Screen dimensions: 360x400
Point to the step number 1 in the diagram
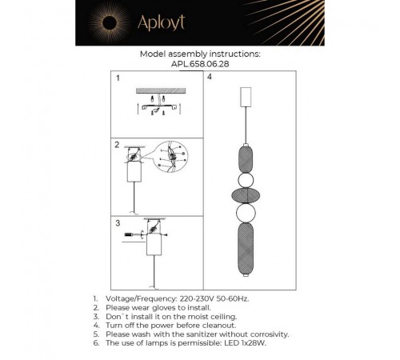coord(117,80)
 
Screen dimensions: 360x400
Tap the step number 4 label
coord(210,79)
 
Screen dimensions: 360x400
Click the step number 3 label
coord(117,225)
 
